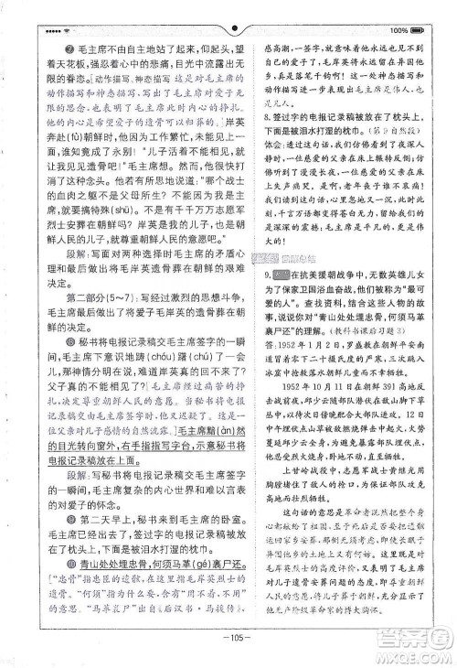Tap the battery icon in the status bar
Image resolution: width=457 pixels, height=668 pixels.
pos(417,30)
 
